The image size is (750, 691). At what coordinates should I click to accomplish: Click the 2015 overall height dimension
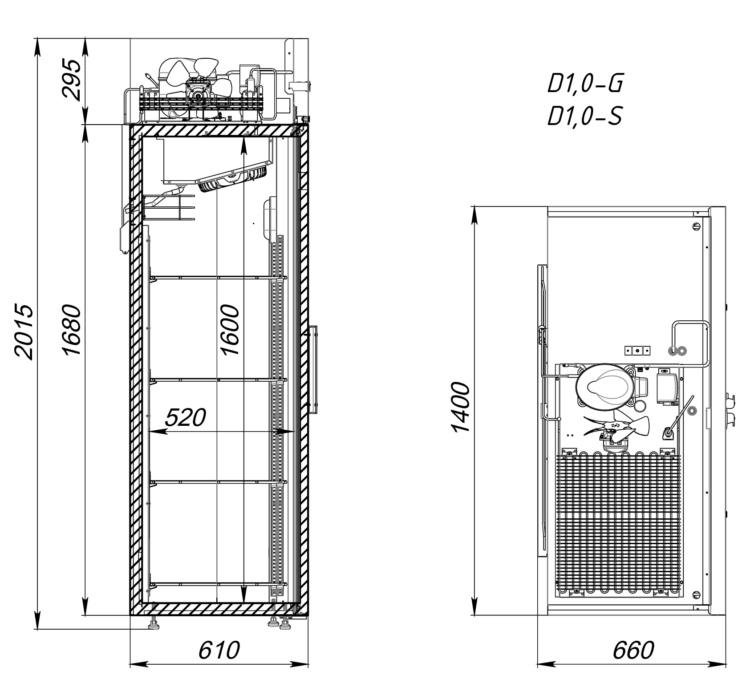coord(24,331)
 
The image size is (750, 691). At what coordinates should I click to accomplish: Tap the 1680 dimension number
coord(72,330)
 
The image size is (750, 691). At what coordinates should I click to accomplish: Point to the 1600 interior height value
coord(230,330)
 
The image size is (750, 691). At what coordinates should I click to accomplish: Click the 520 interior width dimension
coord(186,418)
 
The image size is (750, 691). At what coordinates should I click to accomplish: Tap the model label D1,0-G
coord(584,84)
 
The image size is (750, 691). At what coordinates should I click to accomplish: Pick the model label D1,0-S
coord(584,116)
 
